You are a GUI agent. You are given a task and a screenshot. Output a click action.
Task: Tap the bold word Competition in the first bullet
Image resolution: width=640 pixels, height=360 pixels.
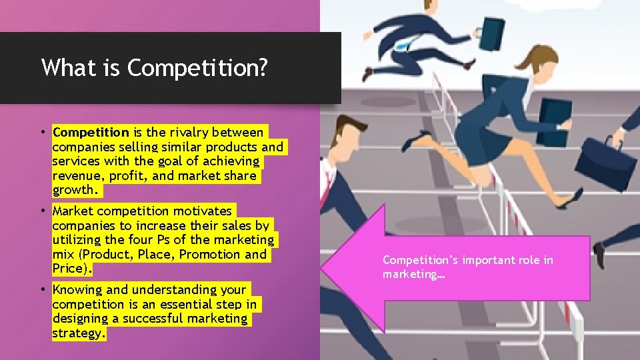tap(91, 132)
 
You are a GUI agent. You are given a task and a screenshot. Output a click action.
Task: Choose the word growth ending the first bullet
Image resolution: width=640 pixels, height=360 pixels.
tap(75, 191)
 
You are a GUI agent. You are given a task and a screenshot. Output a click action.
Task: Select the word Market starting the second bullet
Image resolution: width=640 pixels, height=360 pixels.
tap(73, 211)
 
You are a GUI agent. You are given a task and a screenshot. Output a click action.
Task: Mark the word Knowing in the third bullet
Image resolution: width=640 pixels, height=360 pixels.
tap(77, 289)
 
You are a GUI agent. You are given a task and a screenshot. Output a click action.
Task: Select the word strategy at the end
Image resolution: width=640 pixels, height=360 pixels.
tap(78, 333)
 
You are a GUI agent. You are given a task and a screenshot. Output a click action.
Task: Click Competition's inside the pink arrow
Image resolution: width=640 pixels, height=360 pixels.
tap(419, 260)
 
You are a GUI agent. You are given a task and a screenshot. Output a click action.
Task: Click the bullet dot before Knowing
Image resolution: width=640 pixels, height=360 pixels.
tap(43, 289)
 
